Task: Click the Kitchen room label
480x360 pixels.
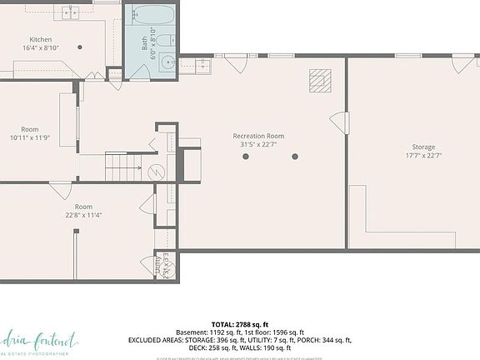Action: tap(42, 40)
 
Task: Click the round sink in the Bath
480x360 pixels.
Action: tap(167, 63)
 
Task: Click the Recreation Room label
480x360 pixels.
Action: tap(258, 136)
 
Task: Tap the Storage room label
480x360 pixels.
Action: tap(422, 147)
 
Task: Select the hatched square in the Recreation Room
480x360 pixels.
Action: tap(320, 80)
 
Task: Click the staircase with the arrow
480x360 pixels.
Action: tap(123, 167)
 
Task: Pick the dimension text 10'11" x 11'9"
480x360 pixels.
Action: tap(30, 137)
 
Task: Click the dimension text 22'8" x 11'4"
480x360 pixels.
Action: tap(83, 215)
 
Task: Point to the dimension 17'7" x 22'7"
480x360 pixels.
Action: tap(422, 156)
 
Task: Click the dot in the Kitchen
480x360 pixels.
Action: tap(80, 47)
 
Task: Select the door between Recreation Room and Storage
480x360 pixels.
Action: tap(338, 122)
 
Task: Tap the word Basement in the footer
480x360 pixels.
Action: tap(190, 332)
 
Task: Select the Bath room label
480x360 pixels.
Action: tap(144, 42)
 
